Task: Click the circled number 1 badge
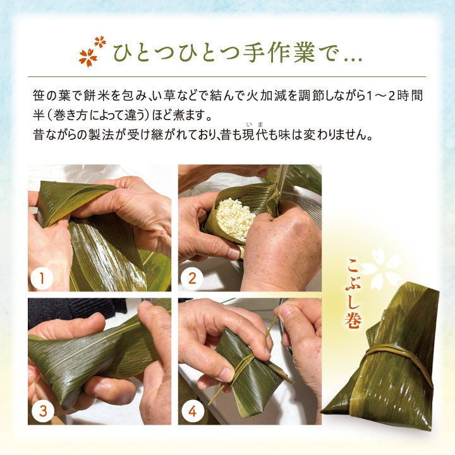(x=42, y=278)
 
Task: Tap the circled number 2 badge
(x=192, y=278)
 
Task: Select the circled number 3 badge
(x=43, y=411)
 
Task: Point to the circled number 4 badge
(x=192, y=411)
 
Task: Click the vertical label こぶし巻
(x=354, y=293)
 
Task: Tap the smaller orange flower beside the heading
(x=100, y=42)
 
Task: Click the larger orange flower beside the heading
(x=88, y=58)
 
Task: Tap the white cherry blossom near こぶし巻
(x=381, y=268)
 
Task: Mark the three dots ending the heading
(x=353, y=59)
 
